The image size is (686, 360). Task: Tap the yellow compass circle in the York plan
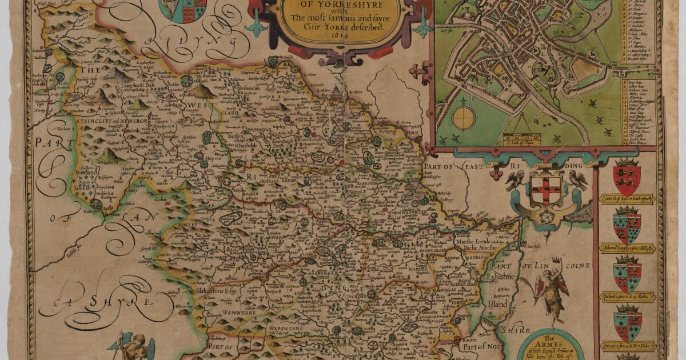(x=464, y=118)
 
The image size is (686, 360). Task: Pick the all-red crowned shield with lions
(x=627, y=178)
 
